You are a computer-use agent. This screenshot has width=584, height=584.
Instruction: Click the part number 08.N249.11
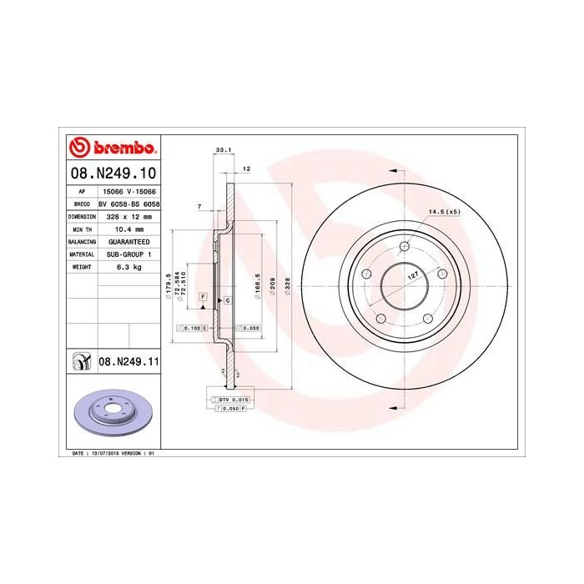pyautogui.click(x=128, y=361)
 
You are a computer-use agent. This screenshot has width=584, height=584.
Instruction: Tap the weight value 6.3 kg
pyautogui.click(x=128, y=267)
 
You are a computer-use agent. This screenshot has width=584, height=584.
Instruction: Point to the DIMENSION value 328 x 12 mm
pyautogui.click(x=128, y=215)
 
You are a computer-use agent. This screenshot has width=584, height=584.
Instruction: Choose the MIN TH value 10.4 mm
pyautogui.click(x=128, y=229)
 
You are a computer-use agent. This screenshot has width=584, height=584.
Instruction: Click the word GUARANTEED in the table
pyautogui.click(x=128, y=241)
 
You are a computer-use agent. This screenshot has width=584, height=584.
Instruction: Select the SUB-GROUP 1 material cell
pyautogui.click(x=128, y=254)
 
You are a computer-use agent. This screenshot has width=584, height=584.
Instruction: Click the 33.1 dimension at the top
pyautogui.click(x=223, y=149)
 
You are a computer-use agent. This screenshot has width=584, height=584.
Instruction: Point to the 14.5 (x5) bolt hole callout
pyautogui.click(x=444, y=211)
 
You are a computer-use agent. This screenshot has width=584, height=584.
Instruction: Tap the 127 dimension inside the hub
pyautogui.click(x=412, y=274)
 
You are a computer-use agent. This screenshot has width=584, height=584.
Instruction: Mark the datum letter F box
pyautogui.click(x=202, y=297)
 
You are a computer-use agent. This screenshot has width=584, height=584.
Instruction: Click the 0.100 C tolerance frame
pyautogui.click(x=192, y=329)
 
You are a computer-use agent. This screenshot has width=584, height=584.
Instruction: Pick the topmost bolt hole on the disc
pyautogui.click(x=404, y=246)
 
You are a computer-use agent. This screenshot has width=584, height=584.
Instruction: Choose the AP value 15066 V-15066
pyautogui.click(x=128, y=190)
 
